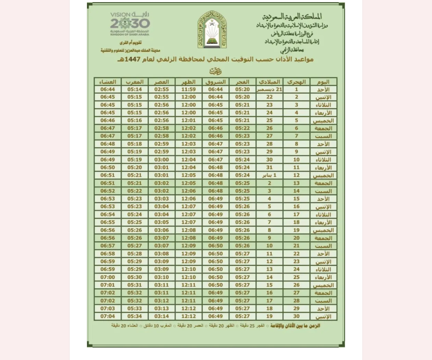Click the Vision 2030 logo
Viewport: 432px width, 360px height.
click(130, 24)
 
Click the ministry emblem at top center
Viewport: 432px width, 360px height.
click(212, 30)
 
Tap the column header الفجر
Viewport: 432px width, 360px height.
click(242, 82)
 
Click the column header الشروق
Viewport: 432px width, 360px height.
click(215, 82)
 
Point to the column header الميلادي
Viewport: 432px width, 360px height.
click(269, 82)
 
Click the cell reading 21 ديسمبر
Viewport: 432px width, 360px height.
click(269, 89)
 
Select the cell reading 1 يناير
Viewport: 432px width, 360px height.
click(269, 175)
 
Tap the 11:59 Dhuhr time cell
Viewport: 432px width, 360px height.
click(188, 89)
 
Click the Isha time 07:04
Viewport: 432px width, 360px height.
click(107, 316)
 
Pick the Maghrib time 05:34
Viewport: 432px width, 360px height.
click(134, 316)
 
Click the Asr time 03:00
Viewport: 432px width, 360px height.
click(161, 159)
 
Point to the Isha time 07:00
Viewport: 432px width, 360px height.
click(107, 277)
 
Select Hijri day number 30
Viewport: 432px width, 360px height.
click(296, 316)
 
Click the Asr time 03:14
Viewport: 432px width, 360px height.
click(161, 316)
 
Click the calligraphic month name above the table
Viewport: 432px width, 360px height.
click(215, 71)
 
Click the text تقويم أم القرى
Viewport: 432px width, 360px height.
click(131, 43)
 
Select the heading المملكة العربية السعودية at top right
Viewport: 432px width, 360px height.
click(292, 17)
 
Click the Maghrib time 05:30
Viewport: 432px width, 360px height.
click(134, 277)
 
